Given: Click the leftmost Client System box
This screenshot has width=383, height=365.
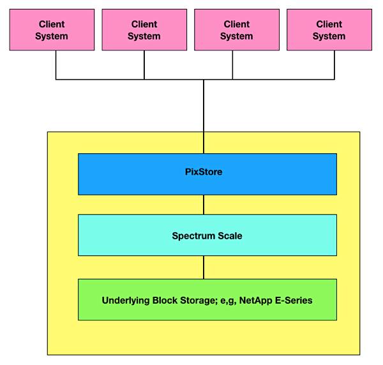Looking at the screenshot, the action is click(52, 30).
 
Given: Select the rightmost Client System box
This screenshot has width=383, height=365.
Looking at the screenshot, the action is click(329, 30).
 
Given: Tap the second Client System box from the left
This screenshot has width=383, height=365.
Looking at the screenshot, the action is click(144, 30).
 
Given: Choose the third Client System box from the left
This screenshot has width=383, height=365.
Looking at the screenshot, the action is click(237, 30).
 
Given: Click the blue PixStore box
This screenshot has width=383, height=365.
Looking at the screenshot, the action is click(207, 174).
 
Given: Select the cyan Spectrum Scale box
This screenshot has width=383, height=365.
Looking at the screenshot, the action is click(207, 235).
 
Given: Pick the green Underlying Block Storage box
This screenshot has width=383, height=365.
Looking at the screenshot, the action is click(207, 299).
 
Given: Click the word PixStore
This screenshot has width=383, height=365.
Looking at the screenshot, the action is click(204, 172).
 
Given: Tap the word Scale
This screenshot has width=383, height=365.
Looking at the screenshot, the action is click(230, 236).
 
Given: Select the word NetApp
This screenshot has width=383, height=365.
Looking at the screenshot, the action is click(256, 301).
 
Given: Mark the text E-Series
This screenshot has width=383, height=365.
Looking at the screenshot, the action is click(294, 301).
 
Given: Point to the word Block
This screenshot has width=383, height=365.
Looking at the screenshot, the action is click(165, 301).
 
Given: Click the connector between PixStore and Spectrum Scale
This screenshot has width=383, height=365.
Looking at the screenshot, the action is click(204, 205).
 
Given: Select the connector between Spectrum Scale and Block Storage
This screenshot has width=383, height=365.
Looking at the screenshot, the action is click(204, 267).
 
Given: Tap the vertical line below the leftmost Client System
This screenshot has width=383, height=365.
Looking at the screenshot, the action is click(56, 65).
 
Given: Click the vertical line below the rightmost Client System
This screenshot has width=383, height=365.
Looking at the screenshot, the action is click(334, 65).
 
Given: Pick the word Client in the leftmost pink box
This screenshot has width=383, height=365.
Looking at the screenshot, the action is click(52, 24).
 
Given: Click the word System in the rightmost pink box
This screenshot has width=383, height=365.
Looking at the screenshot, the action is click(329, 36).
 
